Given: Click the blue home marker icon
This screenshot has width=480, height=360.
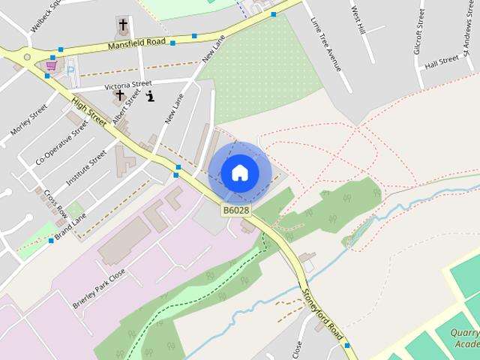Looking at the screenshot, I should [x=239, y=172].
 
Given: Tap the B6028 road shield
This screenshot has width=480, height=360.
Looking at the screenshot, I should [x=235, y=211].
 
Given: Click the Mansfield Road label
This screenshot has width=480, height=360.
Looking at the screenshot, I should [x=136, y=45].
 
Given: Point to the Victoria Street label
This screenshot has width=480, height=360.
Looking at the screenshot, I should [x=128, y=85].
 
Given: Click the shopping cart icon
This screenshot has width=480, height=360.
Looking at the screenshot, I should [x=51, y=66].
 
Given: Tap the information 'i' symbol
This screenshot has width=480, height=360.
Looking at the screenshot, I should [x=150, y=96].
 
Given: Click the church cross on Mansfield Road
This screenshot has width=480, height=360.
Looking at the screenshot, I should [x=123, y=25].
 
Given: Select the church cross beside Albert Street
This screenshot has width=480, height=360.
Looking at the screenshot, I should [x=119, y=96].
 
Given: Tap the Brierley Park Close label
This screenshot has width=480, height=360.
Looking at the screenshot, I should [x=98, y=289].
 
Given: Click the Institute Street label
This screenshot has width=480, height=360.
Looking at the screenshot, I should [x=86, y=166].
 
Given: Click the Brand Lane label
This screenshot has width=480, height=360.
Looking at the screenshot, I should [x=69, y=225].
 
